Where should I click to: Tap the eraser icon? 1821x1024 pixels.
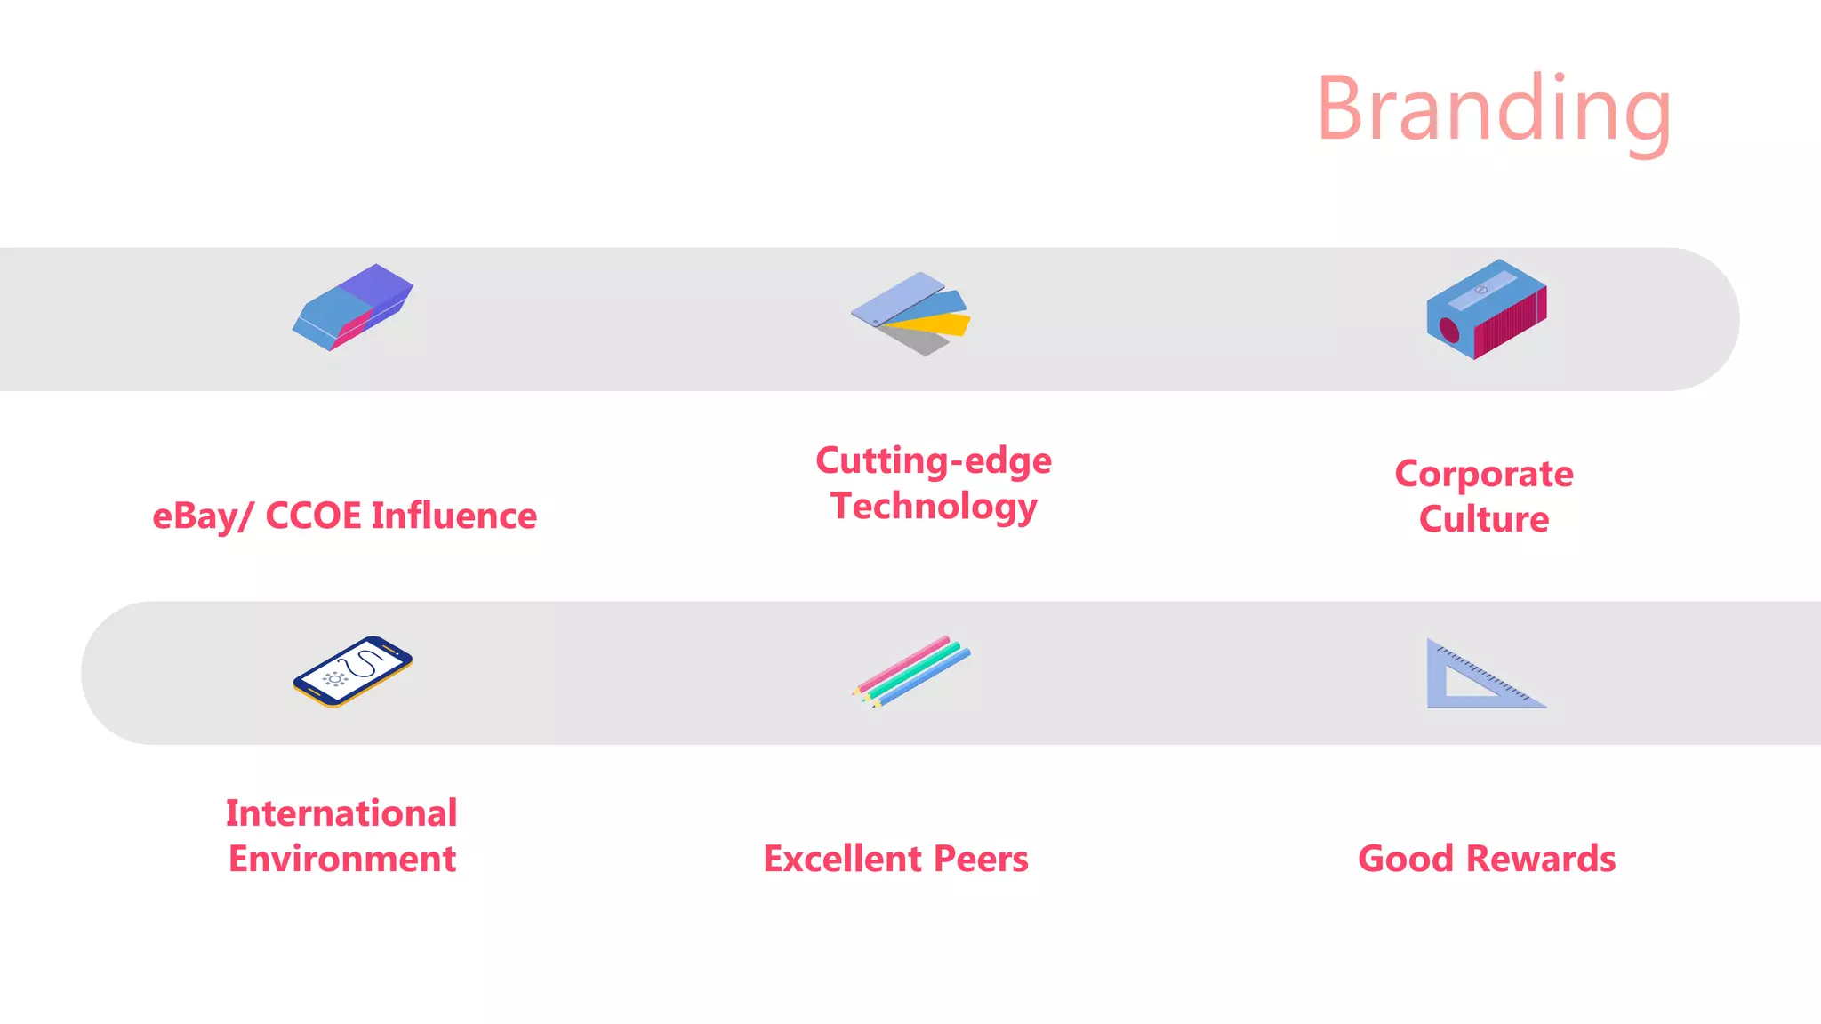(353, 308)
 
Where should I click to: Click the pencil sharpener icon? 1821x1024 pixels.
(1487, 309)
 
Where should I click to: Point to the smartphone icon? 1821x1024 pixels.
(353, 671)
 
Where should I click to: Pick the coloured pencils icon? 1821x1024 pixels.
(910, 671)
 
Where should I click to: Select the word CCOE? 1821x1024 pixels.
(313, 516)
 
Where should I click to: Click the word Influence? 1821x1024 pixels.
(454, 516)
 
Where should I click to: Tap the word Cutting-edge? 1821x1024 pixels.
(934, 461)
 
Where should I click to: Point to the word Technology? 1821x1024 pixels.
(934, 507)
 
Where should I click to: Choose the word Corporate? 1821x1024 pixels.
(1484, 475)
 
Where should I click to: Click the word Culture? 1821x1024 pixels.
(1484, 519)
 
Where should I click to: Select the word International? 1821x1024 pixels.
(341, 813)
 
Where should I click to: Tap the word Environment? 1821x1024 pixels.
(341, 859)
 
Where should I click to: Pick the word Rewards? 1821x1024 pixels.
(1541, 859)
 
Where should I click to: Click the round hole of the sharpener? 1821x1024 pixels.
(1449, 331)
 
